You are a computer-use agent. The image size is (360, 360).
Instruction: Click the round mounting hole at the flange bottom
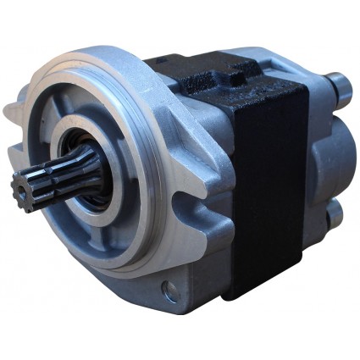tap(171, 292)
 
